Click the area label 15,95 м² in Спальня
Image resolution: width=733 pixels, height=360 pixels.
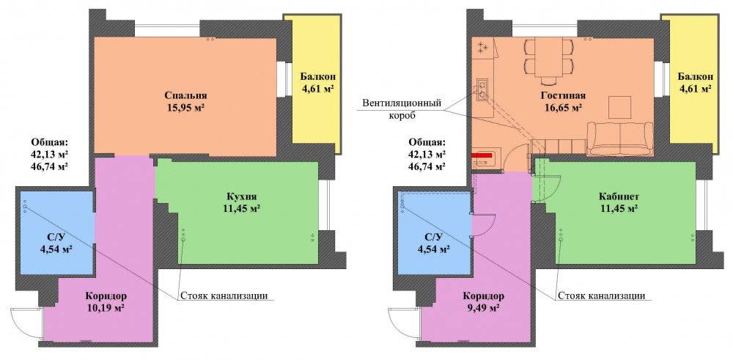185,108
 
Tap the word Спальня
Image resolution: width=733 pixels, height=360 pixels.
185,95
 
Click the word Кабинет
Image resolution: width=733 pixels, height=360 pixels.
619,196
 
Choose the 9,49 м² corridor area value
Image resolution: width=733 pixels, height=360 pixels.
484,308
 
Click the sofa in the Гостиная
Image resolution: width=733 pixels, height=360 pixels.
620,139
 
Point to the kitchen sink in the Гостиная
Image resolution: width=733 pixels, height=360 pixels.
482,89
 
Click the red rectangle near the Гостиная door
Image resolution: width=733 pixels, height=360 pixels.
483,154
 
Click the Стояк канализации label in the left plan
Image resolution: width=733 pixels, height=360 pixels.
224,296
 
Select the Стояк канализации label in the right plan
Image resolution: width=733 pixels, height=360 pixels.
602,296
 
